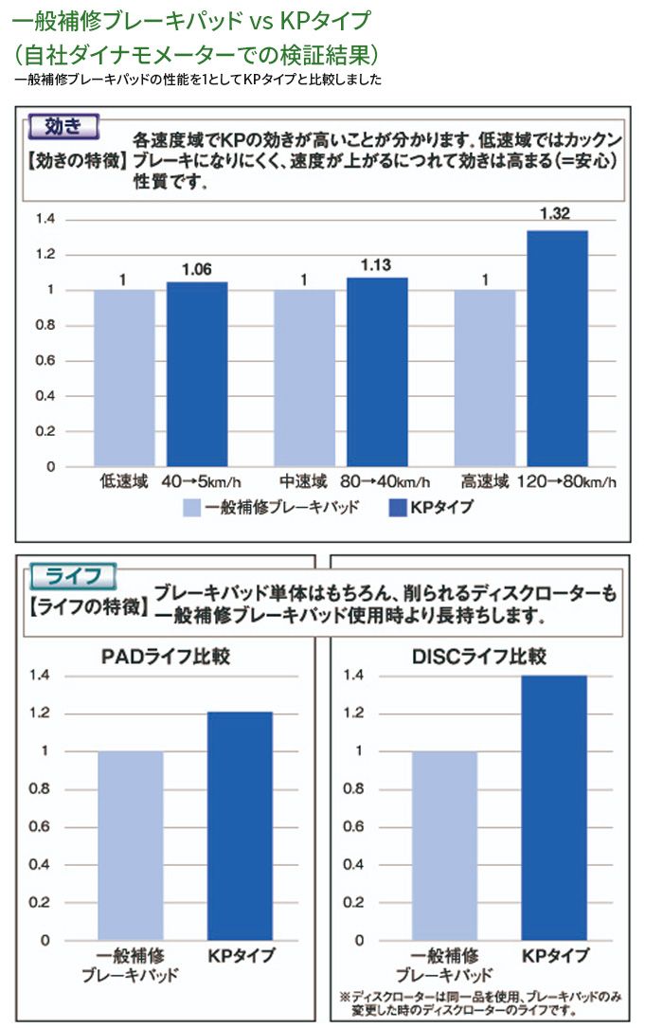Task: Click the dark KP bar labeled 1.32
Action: [557, 349]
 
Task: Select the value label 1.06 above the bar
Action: [196, 270]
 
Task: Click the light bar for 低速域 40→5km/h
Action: [124, 378]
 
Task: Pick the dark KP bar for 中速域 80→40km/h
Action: [377, 372]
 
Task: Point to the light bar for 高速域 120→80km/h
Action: [485, 378]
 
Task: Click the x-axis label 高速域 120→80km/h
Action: [537, 482]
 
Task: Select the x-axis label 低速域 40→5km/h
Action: [176, 482]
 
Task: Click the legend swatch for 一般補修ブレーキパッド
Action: [191, 507]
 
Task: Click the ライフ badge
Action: [73, 575]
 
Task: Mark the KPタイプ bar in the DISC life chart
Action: [554, 807]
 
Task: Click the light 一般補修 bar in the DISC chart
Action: [444, 845]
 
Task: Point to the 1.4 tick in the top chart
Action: [45, 220]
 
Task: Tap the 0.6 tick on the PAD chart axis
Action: [39, 827]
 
